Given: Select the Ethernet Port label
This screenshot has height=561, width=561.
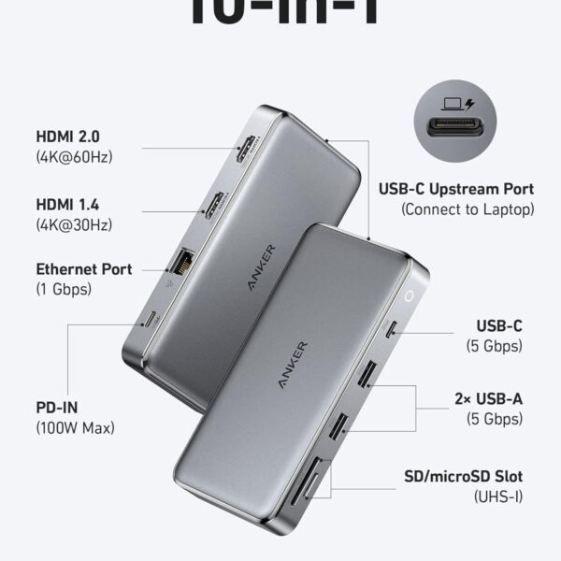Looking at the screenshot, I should tap(83, 269).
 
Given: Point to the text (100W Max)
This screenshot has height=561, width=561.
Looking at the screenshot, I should tap(74, 428).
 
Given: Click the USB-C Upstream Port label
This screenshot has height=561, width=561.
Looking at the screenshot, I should tap(455, 189).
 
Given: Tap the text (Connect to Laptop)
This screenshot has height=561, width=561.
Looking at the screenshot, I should tap(467, 209).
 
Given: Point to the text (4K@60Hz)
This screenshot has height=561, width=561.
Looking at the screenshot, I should tap(74, 157).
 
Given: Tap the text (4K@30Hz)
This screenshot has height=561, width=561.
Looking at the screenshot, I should tap(74, 224).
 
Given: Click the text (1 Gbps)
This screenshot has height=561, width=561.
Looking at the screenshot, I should tap(64, 290).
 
